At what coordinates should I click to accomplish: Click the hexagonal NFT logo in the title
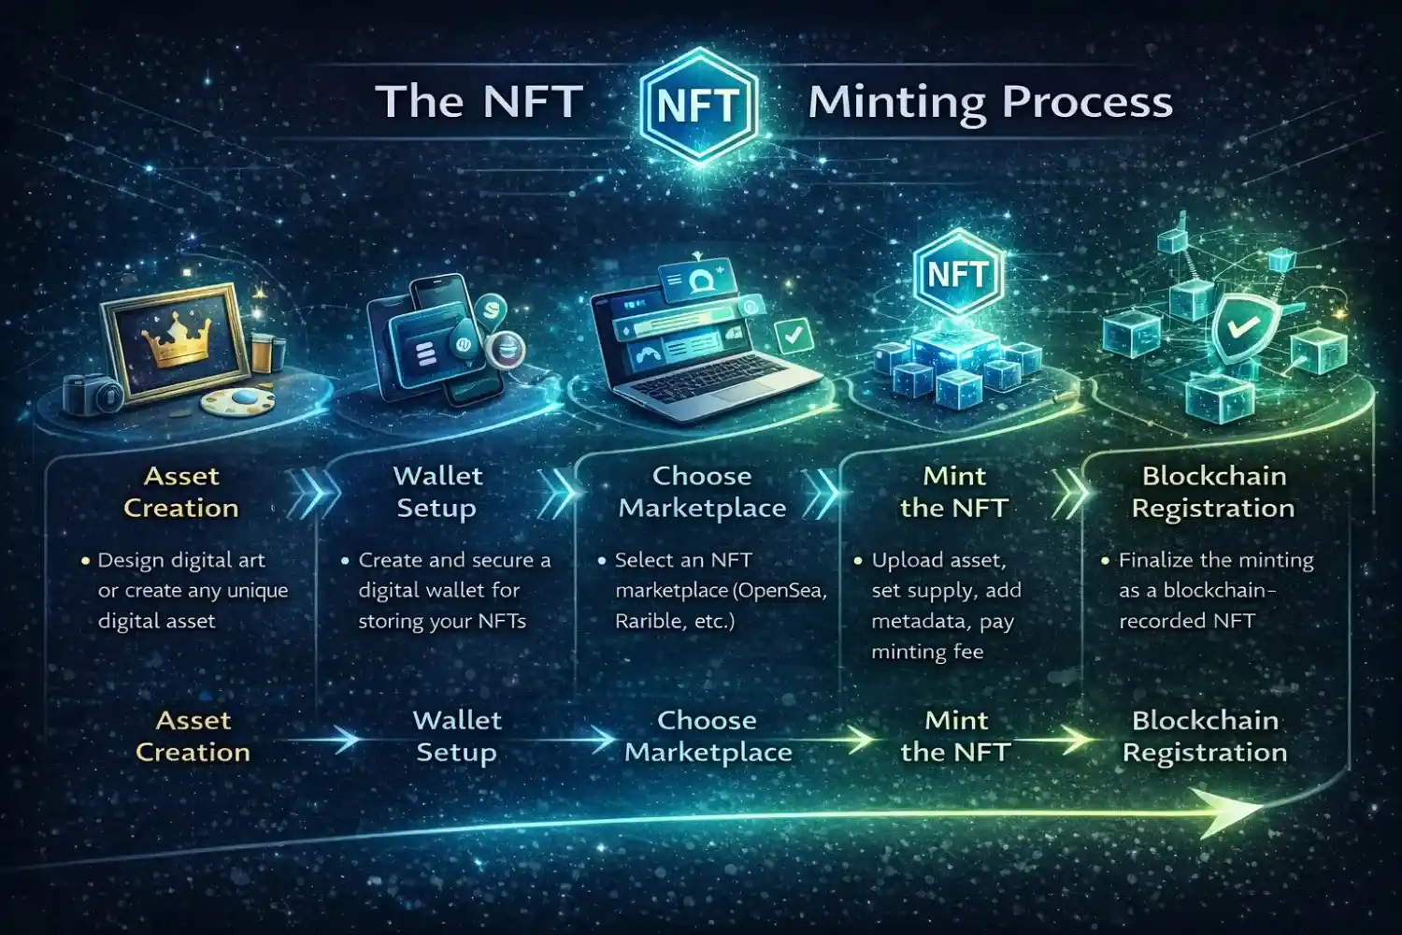coord(698,104)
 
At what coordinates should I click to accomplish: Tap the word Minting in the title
coord(896,102)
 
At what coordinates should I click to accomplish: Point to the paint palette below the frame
coord(237,402)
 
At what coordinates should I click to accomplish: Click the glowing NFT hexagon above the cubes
coord(957,274)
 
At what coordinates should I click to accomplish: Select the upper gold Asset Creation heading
coord(181,492)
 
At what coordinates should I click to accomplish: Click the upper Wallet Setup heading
coord(437,492)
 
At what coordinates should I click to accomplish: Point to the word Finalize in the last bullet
coord(1155,560)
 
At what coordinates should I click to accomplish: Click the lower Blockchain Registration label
coord(1205,736)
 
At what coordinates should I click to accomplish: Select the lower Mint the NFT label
coord(955,736)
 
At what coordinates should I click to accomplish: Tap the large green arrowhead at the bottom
coord(1224,809)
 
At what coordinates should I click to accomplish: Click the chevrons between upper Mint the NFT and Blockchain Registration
coord(1070,493)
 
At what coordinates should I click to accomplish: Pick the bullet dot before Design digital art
coord(85,561)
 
